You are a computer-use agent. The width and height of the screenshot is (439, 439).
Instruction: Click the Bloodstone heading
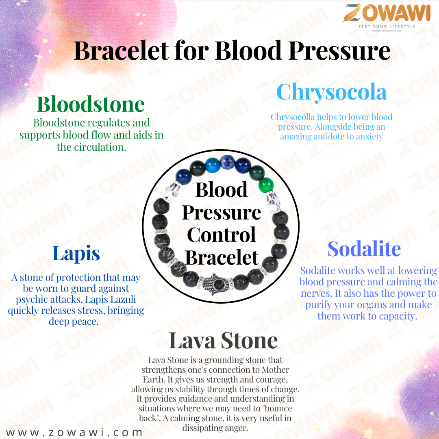pyautogui.click(x=91, y=104)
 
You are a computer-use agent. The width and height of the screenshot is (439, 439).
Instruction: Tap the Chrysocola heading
pyautogui.click(x=332, y=92)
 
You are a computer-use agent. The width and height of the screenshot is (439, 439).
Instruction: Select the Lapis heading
pyautogui.click(x=76, y=254)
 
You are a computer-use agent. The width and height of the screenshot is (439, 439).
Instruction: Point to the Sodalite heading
pyautogui.click(x=364, y=249)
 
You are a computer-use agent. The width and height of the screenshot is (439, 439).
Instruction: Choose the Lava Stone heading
pyautogui.click(x=223, y=341)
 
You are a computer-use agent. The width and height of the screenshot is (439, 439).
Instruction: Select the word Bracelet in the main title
pyautogui.click(x=121, y=50)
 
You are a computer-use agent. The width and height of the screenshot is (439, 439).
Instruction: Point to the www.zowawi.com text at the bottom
pyautogui.click(x=74, y=432)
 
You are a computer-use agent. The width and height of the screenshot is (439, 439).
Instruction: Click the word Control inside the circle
pyautogui.click(x=222, y=235)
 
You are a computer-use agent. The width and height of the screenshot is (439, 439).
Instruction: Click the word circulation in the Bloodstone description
pyautogui.click(x=100, y=147)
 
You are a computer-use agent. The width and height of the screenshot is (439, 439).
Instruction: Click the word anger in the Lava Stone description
pyautogui.click(x=238, y=428)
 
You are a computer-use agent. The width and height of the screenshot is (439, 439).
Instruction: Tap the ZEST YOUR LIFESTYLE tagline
pyautogui.click(x=387, y=26)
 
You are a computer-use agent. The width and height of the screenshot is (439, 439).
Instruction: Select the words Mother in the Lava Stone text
pyautogui.click(x=275, y=369)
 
